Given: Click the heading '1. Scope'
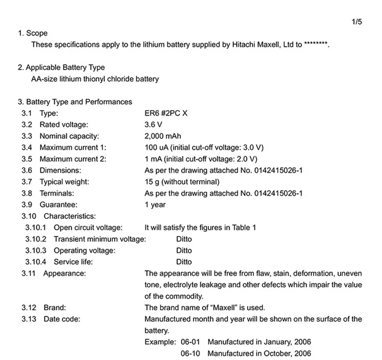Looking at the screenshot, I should pos(32,33).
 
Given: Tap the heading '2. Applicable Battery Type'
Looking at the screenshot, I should pos(61,67).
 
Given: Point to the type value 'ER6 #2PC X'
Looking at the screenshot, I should pos(165,113).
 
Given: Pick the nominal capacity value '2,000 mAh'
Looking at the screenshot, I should pos(162,136).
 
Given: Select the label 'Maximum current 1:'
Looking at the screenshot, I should pos(73,148).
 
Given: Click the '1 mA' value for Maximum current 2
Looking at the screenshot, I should pos(153,159).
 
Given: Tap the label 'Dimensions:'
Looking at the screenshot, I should pos(60,170).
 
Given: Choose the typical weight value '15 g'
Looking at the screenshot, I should pos(152,182).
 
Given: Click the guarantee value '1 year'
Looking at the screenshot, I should pos(155,205).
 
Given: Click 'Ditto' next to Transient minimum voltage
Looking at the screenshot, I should pos(184,239).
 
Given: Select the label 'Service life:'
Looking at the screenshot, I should pos(73,262).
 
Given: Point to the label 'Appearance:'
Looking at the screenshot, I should pos(65,273).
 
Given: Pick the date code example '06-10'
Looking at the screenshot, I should pos(191,354).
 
